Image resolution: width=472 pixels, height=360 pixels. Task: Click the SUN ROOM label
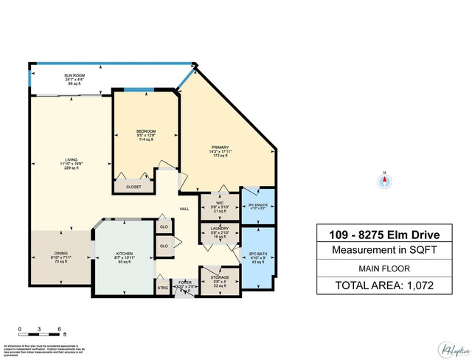pyautogui.click(x=72, y=75)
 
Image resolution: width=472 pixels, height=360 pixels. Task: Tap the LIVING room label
pyautogui.click(x=71, y=162)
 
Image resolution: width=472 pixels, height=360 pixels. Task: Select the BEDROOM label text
pyautogui.click(x=145, y=131)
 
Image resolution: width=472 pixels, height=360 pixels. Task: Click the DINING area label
pyautogui.click(x=61, y=253)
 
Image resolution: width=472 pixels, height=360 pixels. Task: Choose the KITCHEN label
pyautogui.click(x=124, y=254)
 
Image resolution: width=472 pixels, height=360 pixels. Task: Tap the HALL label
pyautogui.click(x=186, y=209)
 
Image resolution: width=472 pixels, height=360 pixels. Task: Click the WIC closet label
pyautogui.click(x=220, y=201)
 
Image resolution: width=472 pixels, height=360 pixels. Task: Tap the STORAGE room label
pyautogui.click(x=220, y=277)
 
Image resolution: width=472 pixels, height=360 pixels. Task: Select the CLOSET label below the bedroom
pyautogui.click(x=133, y=187)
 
